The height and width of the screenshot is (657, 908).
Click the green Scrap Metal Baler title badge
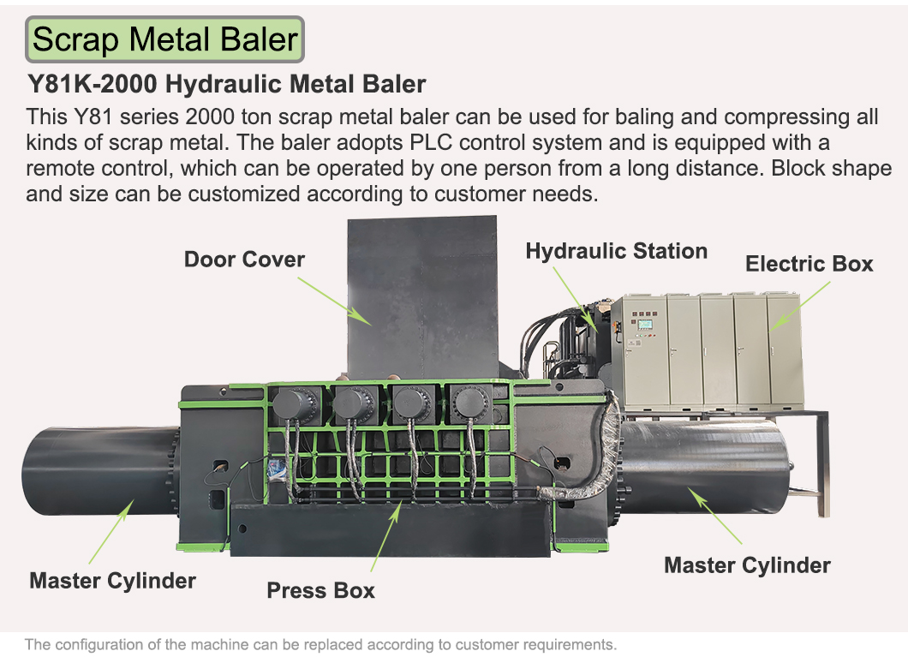coord(164,39)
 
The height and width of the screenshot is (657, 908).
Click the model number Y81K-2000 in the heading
coord(93,84)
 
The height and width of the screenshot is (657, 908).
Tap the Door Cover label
coord(244,260)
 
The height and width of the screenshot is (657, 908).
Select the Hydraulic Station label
coord(616,251)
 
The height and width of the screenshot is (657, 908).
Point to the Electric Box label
coord(809,264)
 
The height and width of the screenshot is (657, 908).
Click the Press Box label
coord(320,590)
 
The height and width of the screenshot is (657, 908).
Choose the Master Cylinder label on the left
coord(112,581)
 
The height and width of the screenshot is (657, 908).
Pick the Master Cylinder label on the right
coord(747,565)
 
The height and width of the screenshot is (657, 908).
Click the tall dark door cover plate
coord(422,297)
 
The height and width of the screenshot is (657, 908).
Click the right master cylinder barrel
coord(703,466)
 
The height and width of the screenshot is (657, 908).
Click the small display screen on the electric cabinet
coord(644,325)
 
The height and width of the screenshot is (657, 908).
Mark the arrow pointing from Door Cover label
coord(335,301)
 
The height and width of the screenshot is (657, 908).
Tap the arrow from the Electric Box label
coord(800,306)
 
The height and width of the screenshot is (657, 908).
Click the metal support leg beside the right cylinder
coord(823,463)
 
